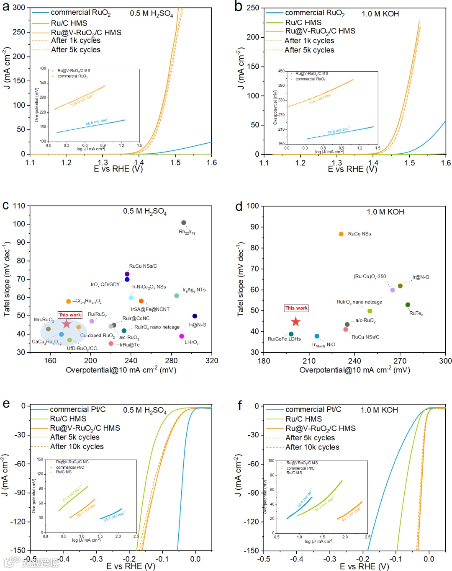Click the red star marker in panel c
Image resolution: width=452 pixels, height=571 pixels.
(66, 324)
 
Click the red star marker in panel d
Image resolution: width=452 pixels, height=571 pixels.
(295, 322)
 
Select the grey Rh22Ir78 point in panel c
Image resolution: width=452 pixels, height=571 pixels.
(183, 223)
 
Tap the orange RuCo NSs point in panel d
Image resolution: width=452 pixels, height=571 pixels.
(341, 234)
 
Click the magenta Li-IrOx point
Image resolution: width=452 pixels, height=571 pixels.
(181, 336)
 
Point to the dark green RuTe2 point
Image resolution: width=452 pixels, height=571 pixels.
(408, 305)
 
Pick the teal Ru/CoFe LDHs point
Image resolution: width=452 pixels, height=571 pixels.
(291, 334)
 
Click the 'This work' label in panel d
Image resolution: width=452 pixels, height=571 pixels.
(296, 308)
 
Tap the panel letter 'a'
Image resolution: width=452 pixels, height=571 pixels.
(6, 7)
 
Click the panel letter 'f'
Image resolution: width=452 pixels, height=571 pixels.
(240, 405)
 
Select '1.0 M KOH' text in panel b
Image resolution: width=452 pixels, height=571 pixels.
(380, 14)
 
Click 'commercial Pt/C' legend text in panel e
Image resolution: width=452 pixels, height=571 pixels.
(77, 409)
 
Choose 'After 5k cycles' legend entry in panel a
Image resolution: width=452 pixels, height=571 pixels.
(75, 50)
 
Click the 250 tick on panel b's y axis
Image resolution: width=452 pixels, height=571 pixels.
(252, 8)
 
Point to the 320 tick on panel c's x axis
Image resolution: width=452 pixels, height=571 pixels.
(211, 361)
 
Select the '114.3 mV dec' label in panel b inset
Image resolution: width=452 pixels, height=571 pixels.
(320, 99)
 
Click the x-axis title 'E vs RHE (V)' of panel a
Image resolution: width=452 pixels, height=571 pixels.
(118, 169)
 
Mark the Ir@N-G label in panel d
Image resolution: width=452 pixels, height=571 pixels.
(421, 277)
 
